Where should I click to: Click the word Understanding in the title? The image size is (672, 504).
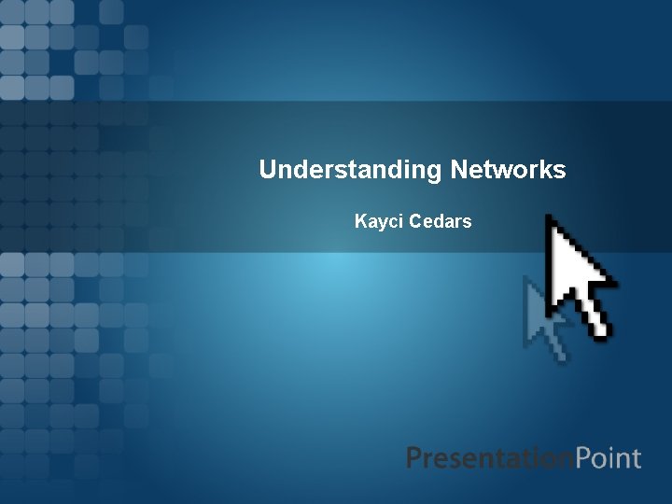coord(350,170)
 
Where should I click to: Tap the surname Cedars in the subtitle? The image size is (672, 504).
coord(441,222)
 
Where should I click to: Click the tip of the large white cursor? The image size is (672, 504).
coord(548,217)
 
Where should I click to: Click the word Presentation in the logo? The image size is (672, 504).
coord(489,458)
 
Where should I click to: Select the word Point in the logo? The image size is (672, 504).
coord(608,458)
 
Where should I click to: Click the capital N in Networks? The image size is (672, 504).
coord(458,170)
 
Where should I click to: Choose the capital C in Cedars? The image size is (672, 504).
coord(415,222)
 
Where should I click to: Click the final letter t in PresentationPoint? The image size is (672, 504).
coord(637,459)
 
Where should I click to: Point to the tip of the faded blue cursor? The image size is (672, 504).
coord(526,278)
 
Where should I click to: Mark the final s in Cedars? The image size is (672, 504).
coord(467,223)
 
